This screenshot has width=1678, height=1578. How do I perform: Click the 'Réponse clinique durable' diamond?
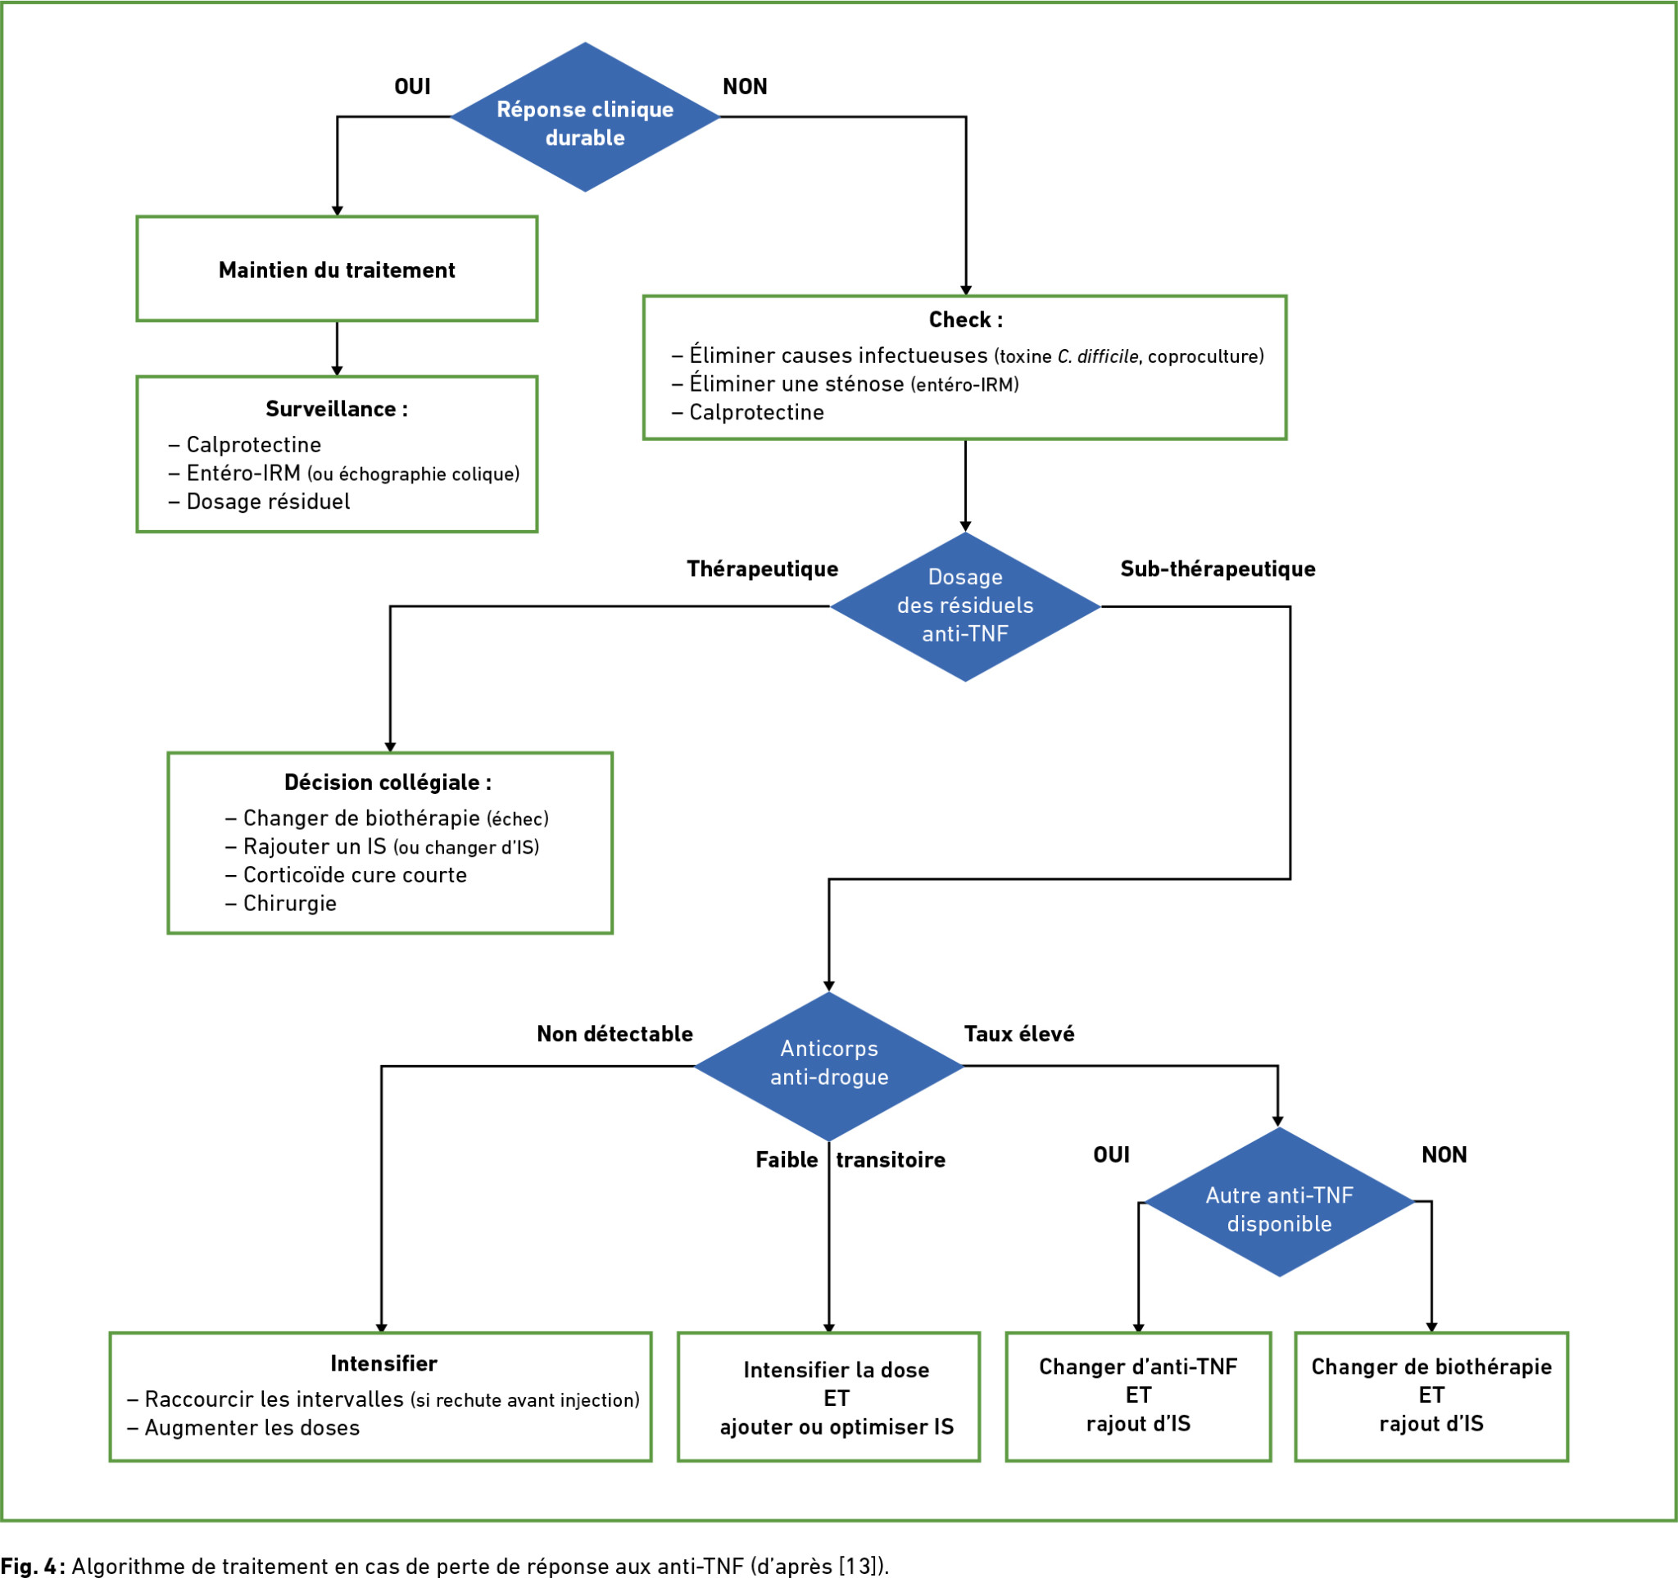pos(585,117)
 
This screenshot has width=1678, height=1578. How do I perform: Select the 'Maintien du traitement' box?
pos(337,270)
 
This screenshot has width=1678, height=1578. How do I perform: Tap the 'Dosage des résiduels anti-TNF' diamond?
pos(966,606)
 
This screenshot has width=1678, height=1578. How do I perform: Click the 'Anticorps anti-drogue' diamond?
pos(829,1066)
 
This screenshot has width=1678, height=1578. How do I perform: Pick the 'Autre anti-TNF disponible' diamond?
pos(1280,1202)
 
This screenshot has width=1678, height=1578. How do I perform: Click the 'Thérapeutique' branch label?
pos(762,569)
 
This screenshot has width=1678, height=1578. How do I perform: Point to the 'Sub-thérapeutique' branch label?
pos(1218,569)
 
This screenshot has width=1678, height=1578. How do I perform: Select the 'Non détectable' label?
pos(615,1034)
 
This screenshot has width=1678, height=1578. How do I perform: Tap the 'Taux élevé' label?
pos(1019,1034)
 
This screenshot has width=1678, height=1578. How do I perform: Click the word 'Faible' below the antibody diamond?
pos(787,1159)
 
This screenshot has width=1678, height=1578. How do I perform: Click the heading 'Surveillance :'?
pos(337,410)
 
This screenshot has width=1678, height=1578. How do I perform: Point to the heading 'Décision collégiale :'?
pos(388,782)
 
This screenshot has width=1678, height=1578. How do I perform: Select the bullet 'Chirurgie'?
pos(281,903)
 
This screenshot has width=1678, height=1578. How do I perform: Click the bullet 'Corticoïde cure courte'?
pos(346,874)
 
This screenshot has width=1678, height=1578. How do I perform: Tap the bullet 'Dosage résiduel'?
pos(259,501)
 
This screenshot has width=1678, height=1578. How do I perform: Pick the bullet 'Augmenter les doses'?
pos(243,1428)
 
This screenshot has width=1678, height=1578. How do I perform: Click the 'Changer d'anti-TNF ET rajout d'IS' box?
pos(1138,1396)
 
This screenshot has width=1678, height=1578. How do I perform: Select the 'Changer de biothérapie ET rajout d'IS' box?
pos(1431,1396)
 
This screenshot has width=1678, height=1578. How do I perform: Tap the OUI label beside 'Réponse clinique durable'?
pos(413,86)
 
